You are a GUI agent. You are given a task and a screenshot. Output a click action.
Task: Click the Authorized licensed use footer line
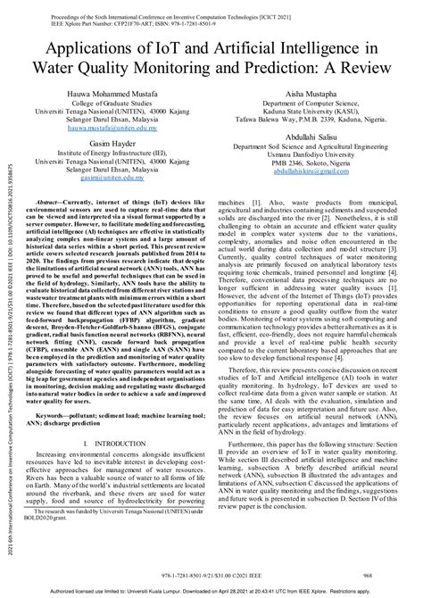coord(211,590)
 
